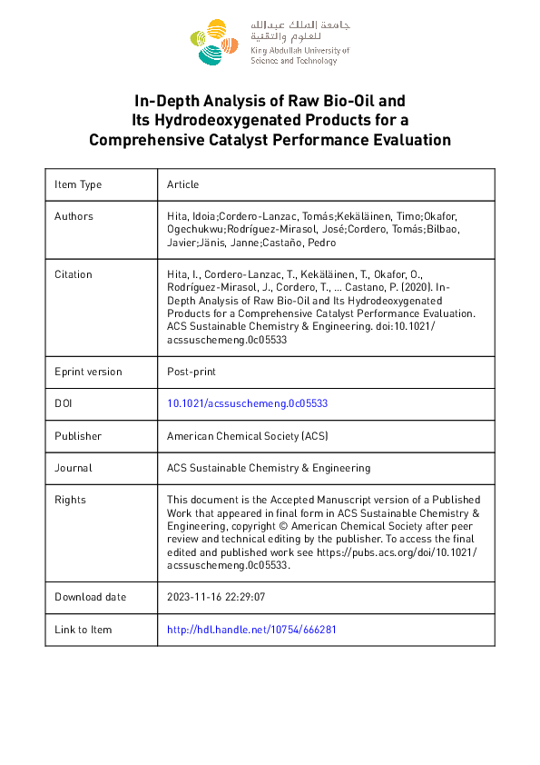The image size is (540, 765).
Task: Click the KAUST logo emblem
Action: click(x=214, y=42)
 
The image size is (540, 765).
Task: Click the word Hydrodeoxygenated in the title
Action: click(x=219, y=120)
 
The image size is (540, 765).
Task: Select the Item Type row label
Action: click(x=78, y=184)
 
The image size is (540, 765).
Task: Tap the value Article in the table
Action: click(x=182, y=184)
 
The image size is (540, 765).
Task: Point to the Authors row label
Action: click(x=74, y=216)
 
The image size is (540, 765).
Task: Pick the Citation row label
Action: click(x=74, y=274)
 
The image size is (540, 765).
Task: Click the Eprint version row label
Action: click(x=88, y=372)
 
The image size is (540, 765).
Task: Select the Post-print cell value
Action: click(x=191, y=372)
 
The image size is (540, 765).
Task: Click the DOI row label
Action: click(x=64, y=404)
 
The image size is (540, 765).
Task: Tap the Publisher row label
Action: click(x=78, y=436)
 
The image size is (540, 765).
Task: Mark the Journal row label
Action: click(x=73, y=468)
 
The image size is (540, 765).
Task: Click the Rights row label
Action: click(x=70, y=500)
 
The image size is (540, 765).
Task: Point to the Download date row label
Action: click(x=91, y=597)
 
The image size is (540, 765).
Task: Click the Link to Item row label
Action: click(x=83, y=630)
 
